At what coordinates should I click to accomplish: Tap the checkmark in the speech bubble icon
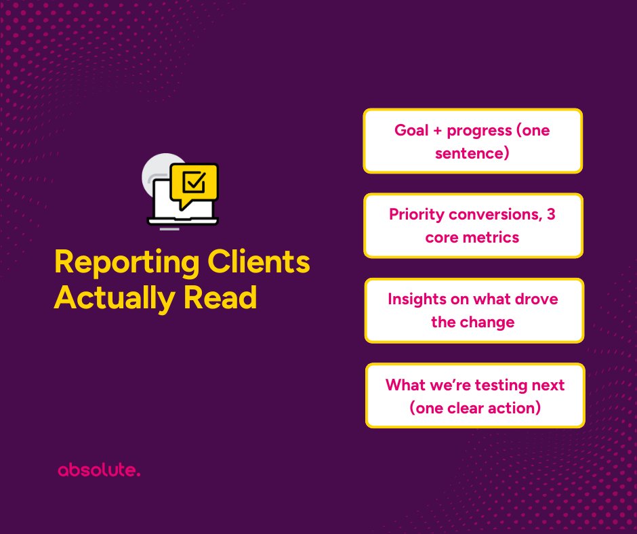point(195,181)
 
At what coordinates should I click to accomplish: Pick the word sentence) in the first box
point(473,153)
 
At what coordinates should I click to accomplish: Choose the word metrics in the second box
point(495,237)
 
